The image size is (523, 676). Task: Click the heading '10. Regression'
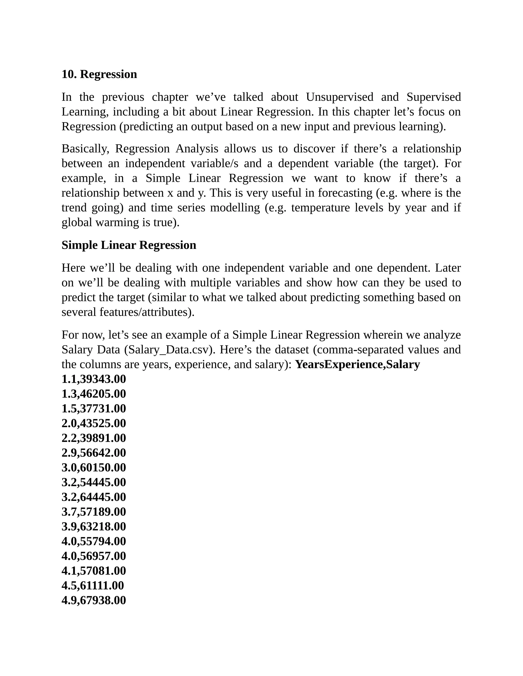pos(99,74)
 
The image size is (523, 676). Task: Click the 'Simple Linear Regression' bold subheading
pos(129,245)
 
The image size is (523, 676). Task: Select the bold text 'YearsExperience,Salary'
pos(357,364)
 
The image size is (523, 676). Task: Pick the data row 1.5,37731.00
pos(93,409)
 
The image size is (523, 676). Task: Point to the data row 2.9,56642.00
pos(93,453)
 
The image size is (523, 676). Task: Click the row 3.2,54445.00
pos(93,482)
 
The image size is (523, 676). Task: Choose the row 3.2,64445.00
pos(93,497)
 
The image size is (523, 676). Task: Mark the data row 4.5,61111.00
pos(93,586)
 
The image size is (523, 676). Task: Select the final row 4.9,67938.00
pos(93,600)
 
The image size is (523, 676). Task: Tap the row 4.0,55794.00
pos(93,541)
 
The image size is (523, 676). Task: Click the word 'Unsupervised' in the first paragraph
pos(340,97)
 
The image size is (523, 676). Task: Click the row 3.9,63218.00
pos(93,527)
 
